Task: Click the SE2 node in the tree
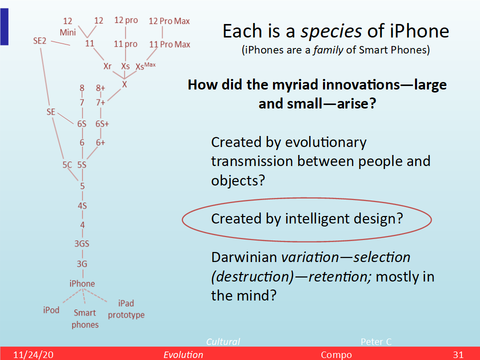(40, 40)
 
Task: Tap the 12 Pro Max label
(169, 21)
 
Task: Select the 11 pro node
(125, 44)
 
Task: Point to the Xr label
(107, 66)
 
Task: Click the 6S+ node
(102, 124)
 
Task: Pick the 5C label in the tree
(67, 165)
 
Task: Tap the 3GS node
(81, 243)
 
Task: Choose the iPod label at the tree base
(51, 310)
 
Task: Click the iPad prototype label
(126, 309)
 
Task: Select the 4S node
(82, 205)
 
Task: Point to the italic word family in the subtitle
(328, 50)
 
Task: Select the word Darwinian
(244, 257)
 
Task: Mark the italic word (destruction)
(252, 276)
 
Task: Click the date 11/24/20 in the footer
(33, 354)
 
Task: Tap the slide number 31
(458, 354)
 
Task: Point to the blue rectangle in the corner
(4, 26)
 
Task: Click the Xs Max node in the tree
(145, 66)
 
